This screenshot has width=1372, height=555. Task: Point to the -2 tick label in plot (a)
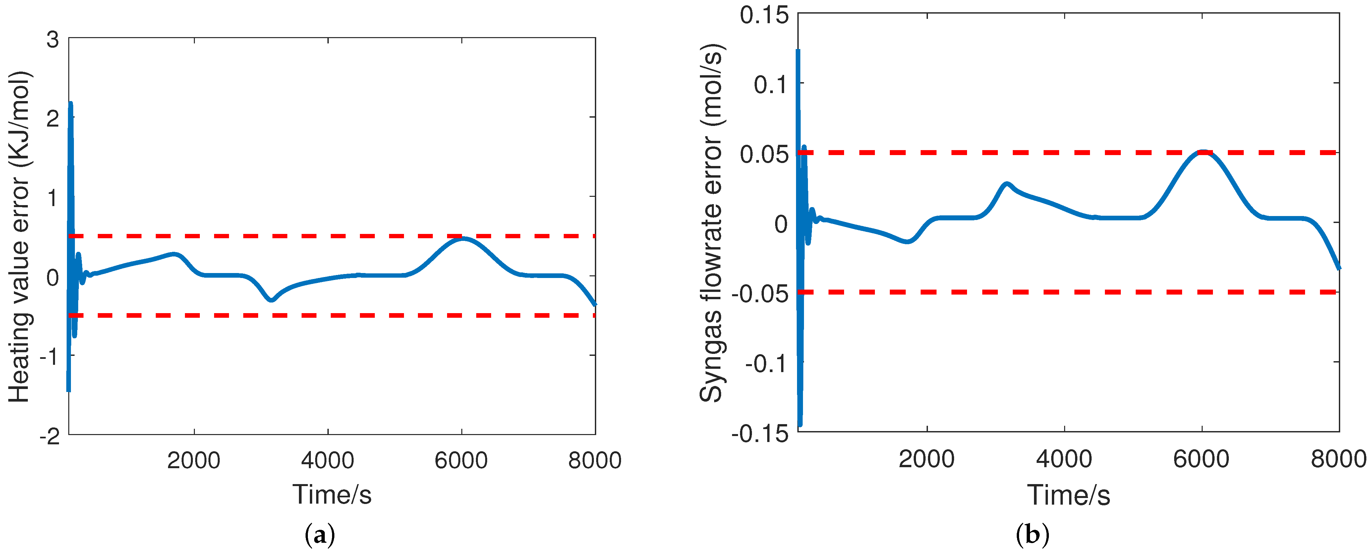pos(50,437)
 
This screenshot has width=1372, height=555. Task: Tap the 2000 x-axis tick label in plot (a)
pos(194,460)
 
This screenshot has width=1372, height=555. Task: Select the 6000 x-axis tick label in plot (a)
pos(461,460)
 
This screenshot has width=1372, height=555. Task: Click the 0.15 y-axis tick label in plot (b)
pos(764,15)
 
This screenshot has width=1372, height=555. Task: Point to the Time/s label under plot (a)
pos(331,494)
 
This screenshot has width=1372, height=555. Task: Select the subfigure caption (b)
pos(1033,534)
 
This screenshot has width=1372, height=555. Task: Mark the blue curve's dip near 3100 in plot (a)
pos(272,300)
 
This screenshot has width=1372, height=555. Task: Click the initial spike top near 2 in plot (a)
pos(70,103)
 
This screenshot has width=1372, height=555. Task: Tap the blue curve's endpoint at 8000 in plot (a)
pos(595,304)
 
